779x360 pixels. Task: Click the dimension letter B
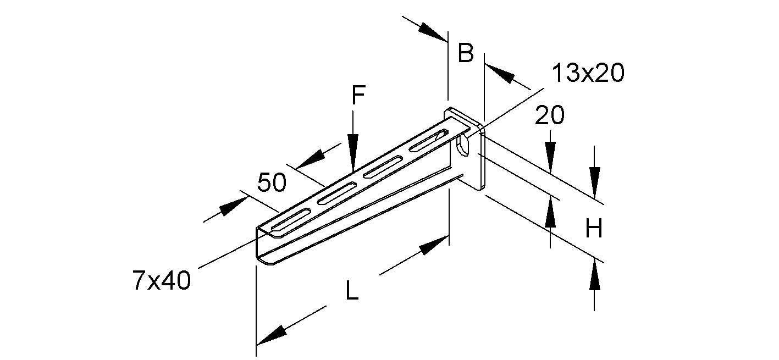coord(466,53)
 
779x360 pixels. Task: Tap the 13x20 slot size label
coord(588,73)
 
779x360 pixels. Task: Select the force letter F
coord(358,95)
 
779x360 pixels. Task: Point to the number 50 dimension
coord(272,182)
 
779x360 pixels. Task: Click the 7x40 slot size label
coord(162,280)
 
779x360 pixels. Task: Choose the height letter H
coord(594,229)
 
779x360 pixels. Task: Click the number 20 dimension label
coord(549,115)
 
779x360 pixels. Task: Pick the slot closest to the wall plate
coord(429,141)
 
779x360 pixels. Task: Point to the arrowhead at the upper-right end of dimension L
coord(434,245)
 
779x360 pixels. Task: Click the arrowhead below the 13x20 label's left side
coord(499,74)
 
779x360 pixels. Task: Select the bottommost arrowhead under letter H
coord(594,275)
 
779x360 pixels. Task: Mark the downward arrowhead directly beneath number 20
coord(550,158)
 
